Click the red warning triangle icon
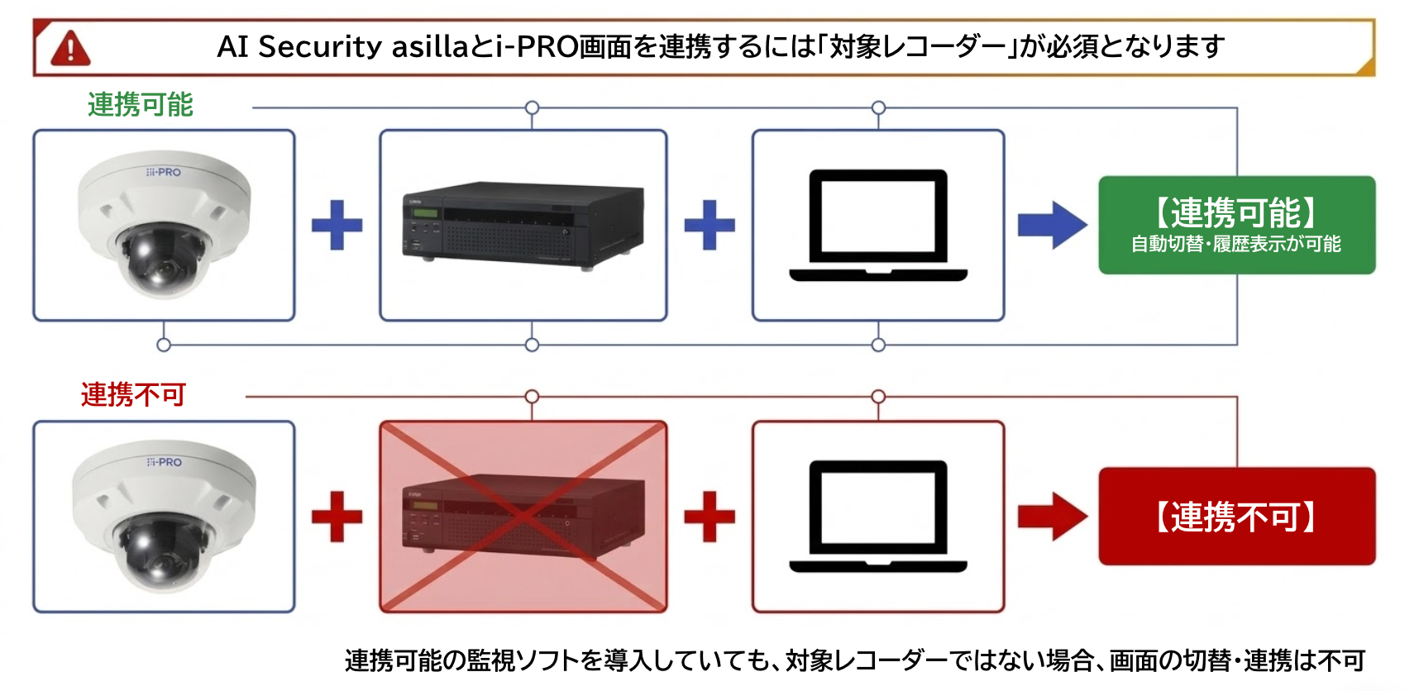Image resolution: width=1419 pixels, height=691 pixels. tap(70, 48)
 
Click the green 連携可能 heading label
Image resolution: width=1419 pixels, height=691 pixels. tap(140, 105)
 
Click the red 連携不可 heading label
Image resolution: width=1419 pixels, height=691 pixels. tap(133, 394)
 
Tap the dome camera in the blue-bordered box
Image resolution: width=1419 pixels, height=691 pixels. tap(164, 223)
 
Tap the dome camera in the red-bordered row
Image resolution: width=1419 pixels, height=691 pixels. tap(164, 515)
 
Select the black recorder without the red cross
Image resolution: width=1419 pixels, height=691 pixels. tap(523, 224)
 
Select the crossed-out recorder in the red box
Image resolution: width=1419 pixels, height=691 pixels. tap(523, 517)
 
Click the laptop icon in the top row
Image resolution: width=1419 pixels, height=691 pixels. tap(878, 225)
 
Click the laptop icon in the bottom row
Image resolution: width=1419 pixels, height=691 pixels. tap(878, 516)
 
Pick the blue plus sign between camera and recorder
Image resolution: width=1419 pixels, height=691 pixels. tap(337, 225)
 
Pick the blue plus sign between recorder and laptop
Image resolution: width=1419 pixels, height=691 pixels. tap(709, 225)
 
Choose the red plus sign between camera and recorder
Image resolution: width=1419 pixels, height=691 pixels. tap(337, 517)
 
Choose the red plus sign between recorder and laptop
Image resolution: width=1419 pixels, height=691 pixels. tap(709, 517)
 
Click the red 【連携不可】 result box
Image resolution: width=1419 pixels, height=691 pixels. tap(1236, 517)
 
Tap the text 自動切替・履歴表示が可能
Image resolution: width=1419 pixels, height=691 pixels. tap(1236, 244)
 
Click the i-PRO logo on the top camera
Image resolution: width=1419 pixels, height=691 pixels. tap(164, 172)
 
